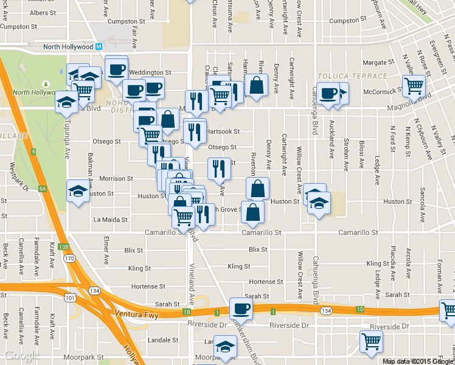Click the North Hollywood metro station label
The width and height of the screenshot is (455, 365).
(x=68, y=47)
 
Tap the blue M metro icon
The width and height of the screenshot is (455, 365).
(x=99, y=47)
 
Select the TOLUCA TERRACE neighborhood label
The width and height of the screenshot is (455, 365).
(x=352, y=76)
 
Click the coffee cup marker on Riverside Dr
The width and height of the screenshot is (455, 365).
(x=241, y=308)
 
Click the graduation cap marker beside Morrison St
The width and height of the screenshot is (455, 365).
(x=77, y=191)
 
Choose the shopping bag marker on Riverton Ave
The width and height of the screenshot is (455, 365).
(x=258, y=189)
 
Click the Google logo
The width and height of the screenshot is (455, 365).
(x=21, y=355)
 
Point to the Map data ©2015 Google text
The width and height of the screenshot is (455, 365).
(x=418, y=361)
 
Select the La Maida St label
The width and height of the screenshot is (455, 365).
(x=110, y=220)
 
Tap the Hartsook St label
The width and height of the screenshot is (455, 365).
(x=223, y=131)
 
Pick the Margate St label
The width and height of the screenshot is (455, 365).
(x=378, y=62)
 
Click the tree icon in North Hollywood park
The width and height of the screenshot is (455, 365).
(x=44, y=84)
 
